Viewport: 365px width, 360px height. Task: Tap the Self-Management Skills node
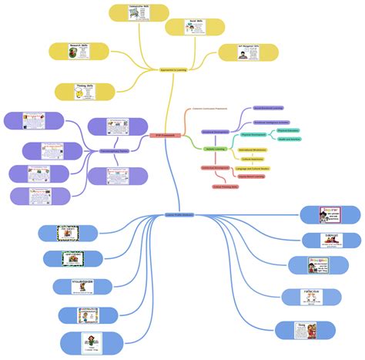point(247,52)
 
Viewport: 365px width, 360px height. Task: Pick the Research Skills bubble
point(79,52)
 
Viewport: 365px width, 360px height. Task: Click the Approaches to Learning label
point(173,70)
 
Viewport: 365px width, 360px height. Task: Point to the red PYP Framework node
point(163,136)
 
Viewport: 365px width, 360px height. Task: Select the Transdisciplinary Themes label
point(99,151)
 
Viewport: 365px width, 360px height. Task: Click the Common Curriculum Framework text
point(209,109)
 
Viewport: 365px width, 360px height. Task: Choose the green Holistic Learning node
point(214,149)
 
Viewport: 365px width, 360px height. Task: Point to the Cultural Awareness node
point(253,158)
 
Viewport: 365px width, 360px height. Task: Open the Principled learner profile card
point(318,265)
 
